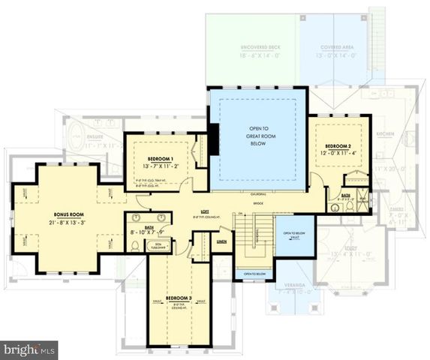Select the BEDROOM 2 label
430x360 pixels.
click(x=339, y=145)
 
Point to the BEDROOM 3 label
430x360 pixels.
click(x=179, y=298)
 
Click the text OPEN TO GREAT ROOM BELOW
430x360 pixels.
click(x=257, y=136)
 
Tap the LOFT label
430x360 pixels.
click(x=203, y=211)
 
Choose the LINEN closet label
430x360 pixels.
click(x=221, y=241)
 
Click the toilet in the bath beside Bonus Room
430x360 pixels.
click(x=135, y=244)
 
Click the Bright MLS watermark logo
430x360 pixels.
click(x=29, y=349)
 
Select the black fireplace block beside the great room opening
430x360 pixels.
click(x=215, y=139)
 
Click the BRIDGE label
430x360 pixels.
click(x=260, y=202)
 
